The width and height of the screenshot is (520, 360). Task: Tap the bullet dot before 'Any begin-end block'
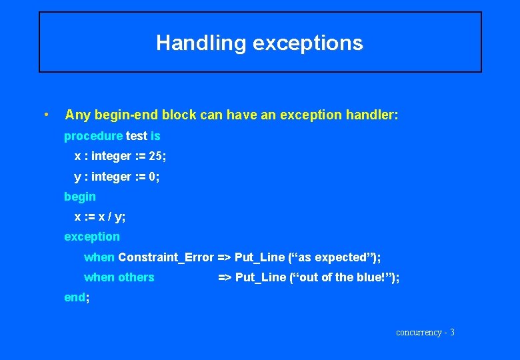[x=45, y=115]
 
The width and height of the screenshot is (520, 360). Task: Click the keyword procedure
[x=93, y=136]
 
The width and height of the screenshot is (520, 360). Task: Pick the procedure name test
[x=136, y=136]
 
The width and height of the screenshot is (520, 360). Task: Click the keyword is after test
[x=155, y=136]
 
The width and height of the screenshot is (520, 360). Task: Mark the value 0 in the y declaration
[x=153, y=177]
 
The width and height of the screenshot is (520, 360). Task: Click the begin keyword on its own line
[x=79, y=197]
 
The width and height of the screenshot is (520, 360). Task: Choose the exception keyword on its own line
[x=92, y=237]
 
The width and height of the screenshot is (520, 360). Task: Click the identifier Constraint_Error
[x=166, y=257]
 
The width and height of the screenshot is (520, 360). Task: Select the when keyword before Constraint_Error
[x=99, y=257]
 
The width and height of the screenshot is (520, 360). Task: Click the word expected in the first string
[x=343, y=257]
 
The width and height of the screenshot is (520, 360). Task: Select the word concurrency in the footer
[x=419, y=332]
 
